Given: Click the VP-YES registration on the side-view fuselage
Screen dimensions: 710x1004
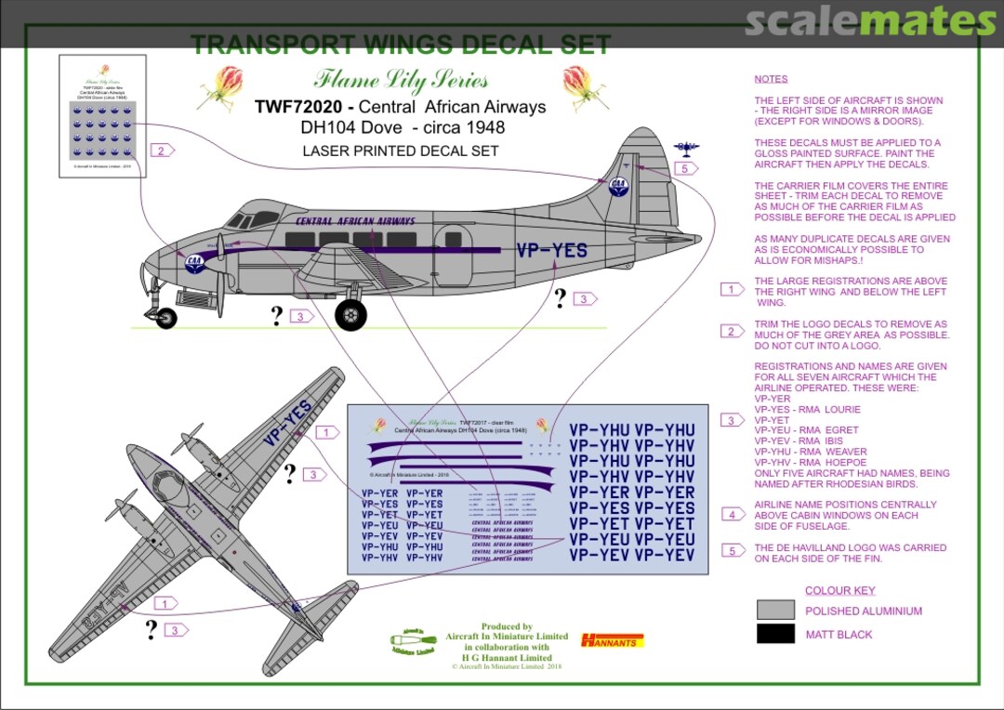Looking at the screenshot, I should tap(552, 249).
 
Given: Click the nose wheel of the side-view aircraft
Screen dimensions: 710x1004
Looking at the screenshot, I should tap(166, 318).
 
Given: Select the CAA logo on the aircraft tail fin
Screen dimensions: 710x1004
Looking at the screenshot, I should tap(617, 185).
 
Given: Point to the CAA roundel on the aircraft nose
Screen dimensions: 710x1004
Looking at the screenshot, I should tap(195, 263).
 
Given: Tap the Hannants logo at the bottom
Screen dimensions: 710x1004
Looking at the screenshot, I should tap(612, 640).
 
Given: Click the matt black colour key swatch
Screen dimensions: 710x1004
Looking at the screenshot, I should tap(775, 634).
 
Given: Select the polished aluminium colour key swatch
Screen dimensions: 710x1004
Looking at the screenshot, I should tap(775, 611).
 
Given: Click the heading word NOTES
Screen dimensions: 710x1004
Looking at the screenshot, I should tap(771, 79).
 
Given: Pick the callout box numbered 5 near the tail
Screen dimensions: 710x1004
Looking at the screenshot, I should tap(683, 168).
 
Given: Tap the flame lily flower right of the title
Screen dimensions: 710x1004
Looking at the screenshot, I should tap(585, 88).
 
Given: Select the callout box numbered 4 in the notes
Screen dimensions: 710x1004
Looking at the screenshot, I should tap(733, 514).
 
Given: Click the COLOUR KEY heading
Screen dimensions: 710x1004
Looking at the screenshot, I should tap(839, 590).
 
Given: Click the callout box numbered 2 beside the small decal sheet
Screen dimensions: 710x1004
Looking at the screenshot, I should tap(162, 151).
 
